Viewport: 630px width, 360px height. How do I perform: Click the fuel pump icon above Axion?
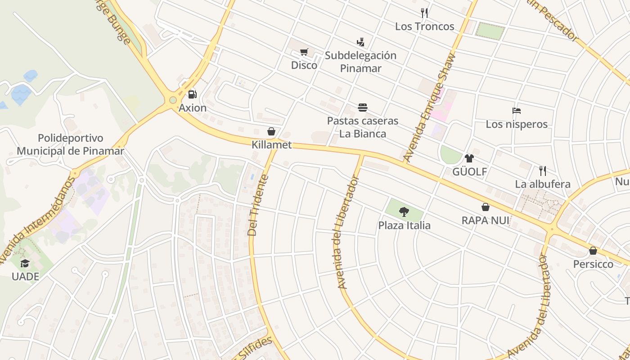[193, 94]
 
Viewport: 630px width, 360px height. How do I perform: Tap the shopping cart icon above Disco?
[304, 52]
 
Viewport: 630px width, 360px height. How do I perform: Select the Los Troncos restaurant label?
[424, 27]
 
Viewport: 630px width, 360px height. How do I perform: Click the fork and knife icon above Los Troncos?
[424, 13]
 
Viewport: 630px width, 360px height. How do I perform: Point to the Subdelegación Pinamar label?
[360, 62]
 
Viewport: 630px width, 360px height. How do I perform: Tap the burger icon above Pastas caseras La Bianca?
[363, 108]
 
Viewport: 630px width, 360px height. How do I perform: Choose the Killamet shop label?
[271, 145]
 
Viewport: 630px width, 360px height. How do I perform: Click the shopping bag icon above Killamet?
[271, 131]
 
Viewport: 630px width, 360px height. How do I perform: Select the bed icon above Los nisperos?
[517, 111]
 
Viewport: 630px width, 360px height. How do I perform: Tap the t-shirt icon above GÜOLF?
[469, 158]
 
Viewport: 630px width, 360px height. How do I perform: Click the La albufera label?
[543, 184]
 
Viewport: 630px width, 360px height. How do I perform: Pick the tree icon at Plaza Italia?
[404, 211]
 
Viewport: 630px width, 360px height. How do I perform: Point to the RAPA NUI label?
[485, 220]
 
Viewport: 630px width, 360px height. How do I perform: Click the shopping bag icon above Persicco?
[593, 251]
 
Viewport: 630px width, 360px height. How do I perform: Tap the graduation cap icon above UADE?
[25, 263]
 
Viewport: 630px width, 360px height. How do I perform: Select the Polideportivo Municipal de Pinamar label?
[70, 144]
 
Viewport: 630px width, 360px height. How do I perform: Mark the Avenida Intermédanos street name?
[38, 220]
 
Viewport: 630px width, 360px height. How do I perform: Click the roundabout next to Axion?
[173, 100]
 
